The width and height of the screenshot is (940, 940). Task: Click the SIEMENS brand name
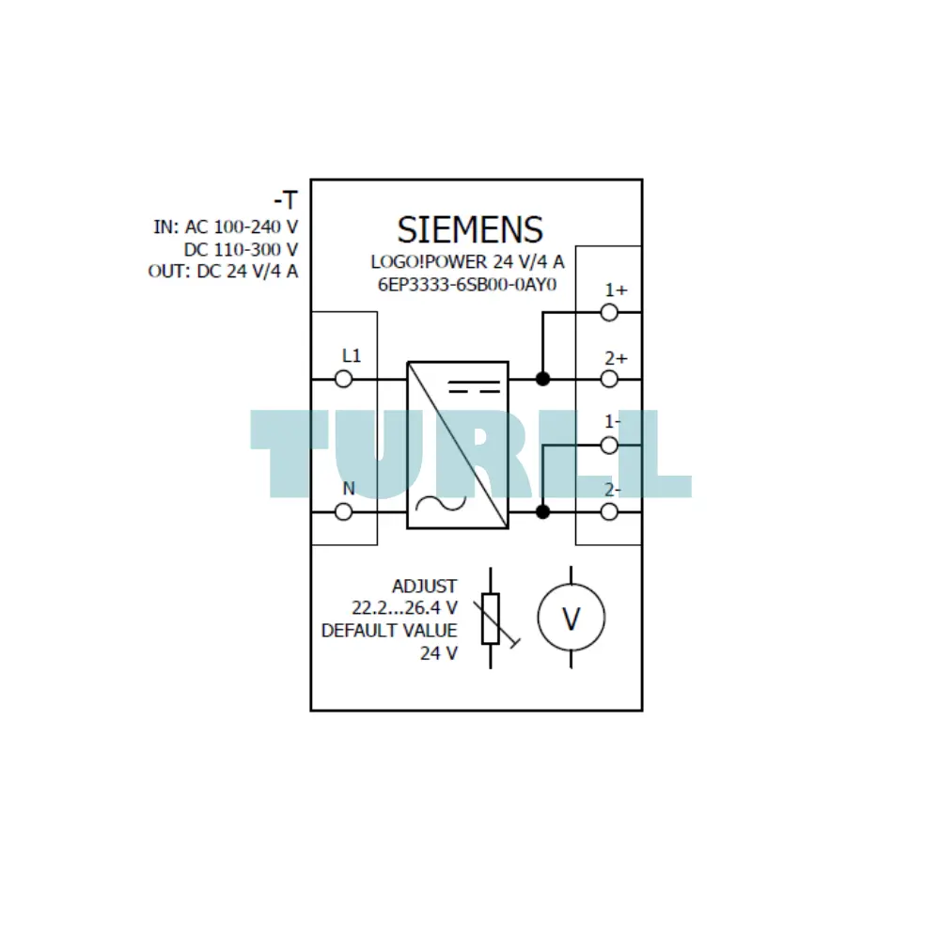coord(470,229)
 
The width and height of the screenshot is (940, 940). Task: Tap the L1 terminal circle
coord(343,379)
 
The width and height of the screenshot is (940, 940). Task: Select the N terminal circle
coord(343,512)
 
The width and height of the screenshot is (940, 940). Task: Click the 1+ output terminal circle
coord(609,312)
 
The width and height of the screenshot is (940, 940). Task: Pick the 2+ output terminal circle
coord(609,379)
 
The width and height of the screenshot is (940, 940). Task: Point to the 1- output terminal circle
coord(609,446)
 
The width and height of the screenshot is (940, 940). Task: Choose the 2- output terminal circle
coord(609,512)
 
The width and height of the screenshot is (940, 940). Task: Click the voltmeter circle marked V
coord(572,584)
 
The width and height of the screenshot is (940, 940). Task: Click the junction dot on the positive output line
coord(542,379)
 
